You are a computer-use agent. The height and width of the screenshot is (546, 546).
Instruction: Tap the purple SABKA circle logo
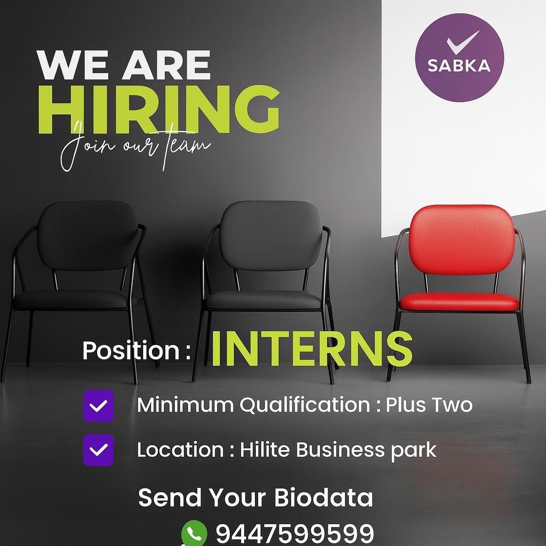(x=459, y=58)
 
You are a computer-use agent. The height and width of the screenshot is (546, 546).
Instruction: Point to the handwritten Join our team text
(x=135, y=146)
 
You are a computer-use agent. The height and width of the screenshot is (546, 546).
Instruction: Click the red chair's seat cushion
(x=459, y=302)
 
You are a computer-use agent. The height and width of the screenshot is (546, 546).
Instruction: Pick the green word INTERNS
(x=311, y=349)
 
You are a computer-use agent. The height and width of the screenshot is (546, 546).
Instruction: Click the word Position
(x=131, y=350)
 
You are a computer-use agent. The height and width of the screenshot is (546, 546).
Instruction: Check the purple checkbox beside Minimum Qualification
(x=98, y=406)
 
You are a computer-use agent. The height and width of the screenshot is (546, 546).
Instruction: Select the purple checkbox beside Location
(x=98, y=450)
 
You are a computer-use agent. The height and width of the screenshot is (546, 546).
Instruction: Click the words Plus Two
(x=429, y=405)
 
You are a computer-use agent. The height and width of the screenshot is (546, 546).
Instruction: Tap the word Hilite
(x=264, y=449)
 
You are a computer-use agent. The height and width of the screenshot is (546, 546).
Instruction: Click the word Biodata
(x=324, y=497)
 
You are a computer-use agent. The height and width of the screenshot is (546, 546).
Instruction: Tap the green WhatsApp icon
(x=194, y=533)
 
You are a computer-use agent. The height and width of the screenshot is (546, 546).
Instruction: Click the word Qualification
(x=304, y=405)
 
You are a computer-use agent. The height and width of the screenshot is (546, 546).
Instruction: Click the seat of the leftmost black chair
(x=71, y=300)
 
